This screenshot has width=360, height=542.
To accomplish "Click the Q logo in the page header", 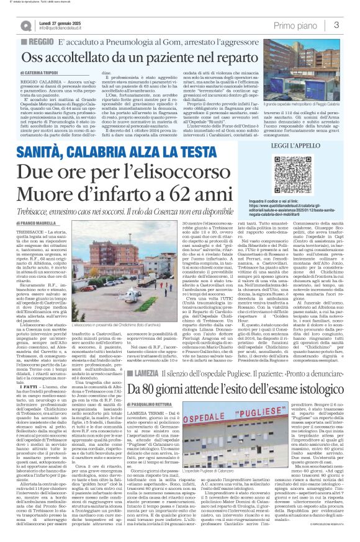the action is [27, 25].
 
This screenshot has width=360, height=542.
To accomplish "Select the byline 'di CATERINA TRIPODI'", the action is [45, 73].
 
